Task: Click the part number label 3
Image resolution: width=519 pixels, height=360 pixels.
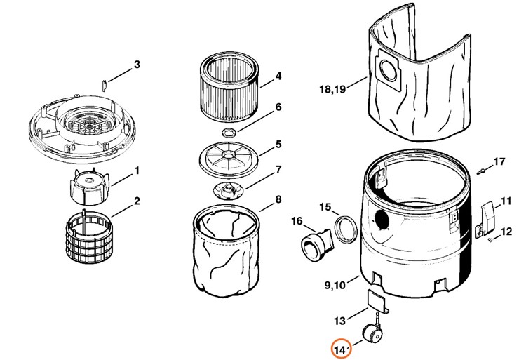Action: (137, 65)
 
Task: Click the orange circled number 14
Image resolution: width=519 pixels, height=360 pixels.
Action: (341, 349)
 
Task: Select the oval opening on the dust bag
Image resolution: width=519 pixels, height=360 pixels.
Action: (386, 70)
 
